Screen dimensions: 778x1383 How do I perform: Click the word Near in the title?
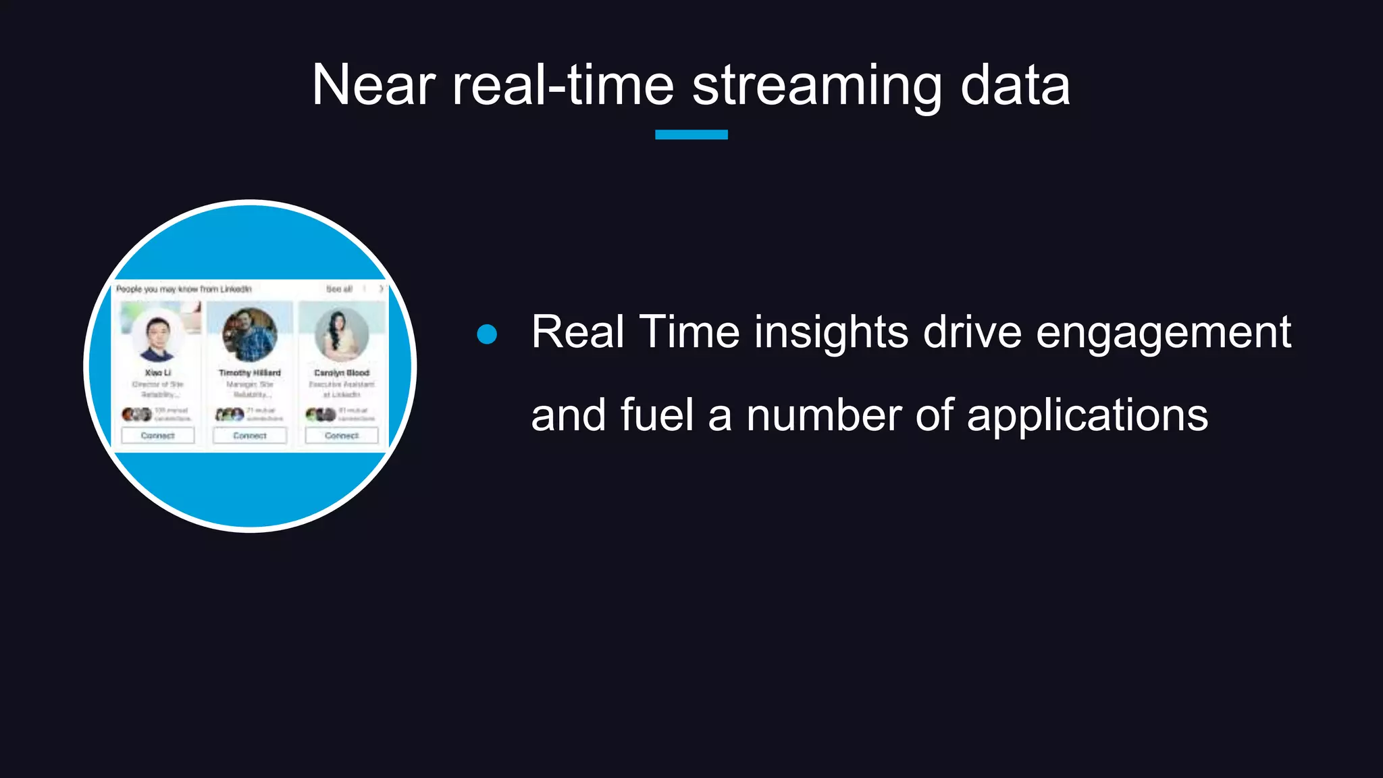coord(373,86)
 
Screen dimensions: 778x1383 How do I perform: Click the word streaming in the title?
coord(816,86)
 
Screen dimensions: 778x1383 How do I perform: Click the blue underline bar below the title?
coord(691,134)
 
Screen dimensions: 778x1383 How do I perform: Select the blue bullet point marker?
coord(487,334)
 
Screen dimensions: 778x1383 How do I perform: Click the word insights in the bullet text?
coord(831,332)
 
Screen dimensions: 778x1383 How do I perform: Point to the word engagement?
coord(1163,332)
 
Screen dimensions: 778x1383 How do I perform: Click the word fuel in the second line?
coord(656,415)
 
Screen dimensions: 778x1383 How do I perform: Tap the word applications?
coord(1087,415)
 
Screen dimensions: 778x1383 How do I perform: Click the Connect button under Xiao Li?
coord(157,436)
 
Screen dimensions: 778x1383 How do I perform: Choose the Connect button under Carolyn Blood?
coord(342,436)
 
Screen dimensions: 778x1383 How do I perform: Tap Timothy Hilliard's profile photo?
coord(249,334)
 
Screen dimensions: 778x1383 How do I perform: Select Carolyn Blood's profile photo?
coord(342,334)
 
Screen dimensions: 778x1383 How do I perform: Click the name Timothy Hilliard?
coord(249,373)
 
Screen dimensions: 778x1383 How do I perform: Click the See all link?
coord(339,289)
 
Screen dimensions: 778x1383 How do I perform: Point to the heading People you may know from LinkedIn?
coord(184,289)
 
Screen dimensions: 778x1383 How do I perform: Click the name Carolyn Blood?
coord(342,373)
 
